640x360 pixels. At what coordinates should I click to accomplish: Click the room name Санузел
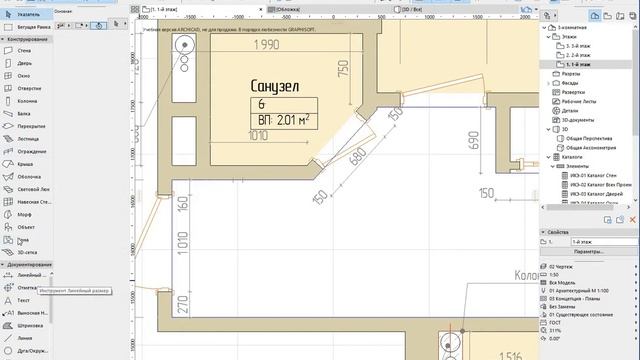point(281,87)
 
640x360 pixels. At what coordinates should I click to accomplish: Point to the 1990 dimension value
point(264,46)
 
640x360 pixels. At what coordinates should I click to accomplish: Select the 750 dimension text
point(342,69)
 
